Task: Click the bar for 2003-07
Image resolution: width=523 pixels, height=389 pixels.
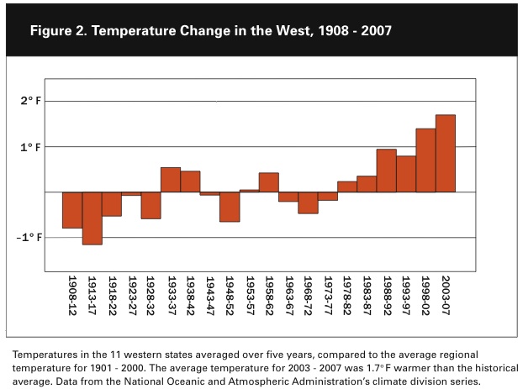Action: [446, 154]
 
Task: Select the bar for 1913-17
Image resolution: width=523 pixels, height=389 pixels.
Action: [92, 218]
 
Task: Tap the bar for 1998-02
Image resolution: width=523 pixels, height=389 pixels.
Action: [425, 160]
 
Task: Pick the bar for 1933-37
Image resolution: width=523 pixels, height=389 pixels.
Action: [171, 180]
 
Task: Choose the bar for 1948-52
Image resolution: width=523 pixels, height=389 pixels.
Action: [230, 207]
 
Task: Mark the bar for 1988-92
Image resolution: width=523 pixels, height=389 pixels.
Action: [387, 171]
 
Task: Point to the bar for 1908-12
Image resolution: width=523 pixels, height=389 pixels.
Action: [72, 210]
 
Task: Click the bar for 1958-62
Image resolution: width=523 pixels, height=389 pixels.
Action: [269, 182]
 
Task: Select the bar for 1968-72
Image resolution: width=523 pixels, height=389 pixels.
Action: [308, 202]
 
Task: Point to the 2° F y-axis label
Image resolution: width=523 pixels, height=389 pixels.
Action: [31, 102]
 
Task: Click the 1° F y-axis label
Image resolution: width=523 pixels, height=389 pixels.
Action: [31, 147]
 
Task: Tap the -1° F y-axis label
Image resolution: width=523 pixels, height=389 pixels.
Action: [29, 238]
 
